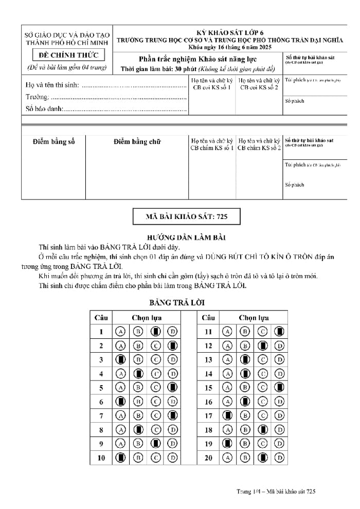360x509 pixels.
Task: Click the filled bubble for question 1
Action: (x=155, y=332)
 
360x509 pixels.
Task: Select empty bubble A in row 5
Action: (x=120, y=388)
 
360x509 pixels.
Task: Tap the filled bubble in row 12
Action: (x=262, y=346)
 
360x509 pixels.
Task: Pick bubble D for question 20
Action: (x=280, y=457)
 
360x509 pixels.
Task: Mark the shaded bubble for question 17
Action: (x=227, y=415)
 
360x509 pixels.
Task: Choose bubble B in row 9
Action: (x=138, y=443)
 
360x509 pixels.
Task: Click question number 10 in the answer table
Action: (x=101, y=457)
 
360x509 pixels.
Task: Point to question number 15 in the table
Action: (x=208, y=388)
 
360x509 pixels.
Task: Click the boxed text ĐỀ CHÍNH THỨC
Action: (x=67, y=55)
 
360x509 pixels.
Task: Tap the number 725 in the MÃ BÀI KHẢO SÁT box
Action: (x=222, y=217)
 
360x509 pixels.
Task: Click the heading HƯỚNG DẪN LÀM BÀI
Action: (x=179, y=238)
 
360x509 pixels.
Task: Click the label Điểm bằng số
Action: (x=53, y=142)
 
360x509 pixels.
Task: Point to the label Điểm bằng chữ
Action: (x=137, y=142)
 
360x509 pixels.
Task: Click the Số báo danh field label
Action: (x=44, y=108)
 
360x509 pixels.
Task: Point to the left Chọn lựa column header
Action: (x=147, y=318)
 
